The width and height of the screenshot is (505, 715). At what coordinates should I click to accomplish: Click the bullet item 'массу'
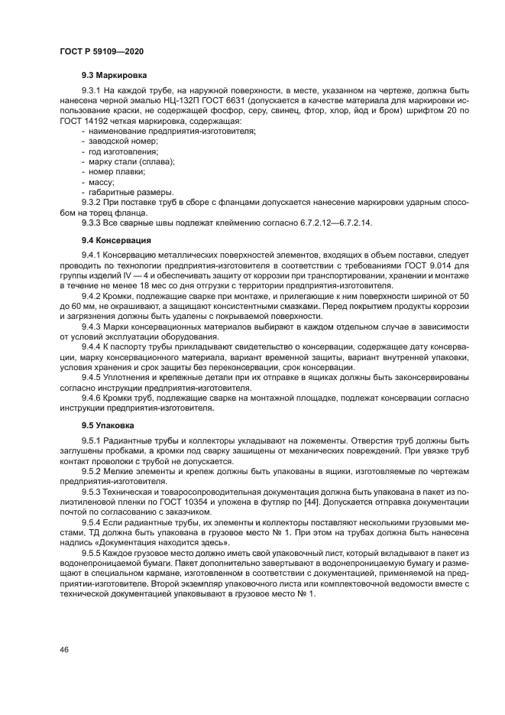point(101,181)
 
